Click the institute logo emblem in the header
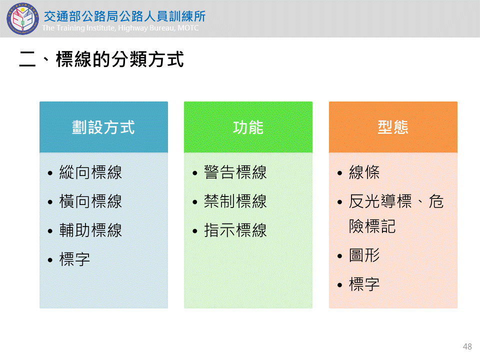coord(22,18)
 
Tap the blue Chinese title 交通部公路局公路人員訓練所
coord(124,16)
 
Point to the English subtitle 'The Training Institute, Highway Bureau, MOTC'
coord(120,28)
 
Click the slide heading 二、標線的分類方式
coord(101,59)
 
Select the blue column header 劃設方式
coord(103,127)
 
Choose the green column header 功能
coord(248,127)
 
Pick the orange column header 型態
coord(393,127)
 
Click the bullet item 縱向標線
coord(90,172)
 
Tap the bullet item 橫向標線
coord(90,201)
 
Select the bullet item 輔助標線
coord(90,230)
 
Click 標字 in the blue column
coord(74,259)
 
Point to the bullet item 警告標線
coord(235,172)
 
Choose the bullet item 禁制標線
coord(235,201)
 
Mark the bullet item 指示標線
coord(235,230)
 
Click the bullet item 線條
coord(364,172)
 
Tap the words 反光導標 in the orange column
coord(380,201)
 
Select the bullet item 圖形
coord(364,255)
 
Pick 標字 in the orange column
coord(364,284)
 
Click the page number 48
coord(467,346)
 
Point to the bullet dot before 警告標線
coord(195,173)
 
